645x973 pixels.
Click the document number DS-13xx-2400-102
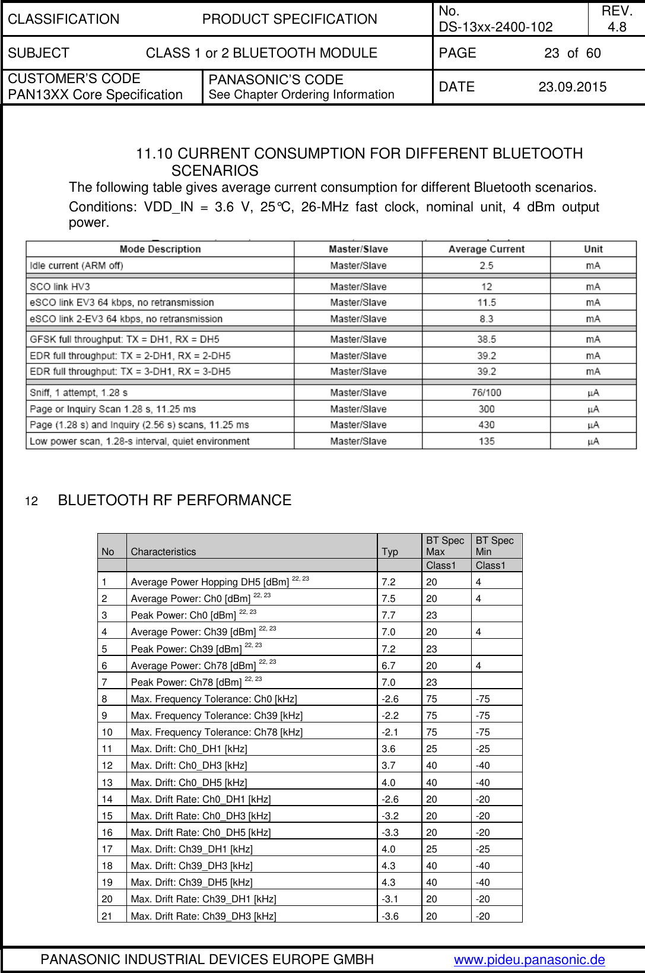tap(495, 27)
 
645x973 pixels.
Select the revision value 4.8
tap(617, 27)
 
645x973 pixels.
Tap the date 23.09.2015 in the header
tap(572, 87)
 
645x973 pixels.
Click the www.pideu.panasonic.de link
tap(529, 959)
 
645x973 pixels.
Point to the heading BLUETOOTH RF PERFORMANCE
tap(174, 500)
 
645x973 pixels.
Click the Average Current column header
tap(486, 249)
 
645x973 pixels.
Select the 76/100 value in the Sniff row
tap(486, 393)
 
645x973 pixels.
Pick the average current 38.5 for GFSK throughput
tap(486, 340)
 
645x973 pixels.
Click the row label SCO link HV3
tap(60, 287)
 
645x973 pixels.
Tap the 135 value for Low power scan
tap(486, 442)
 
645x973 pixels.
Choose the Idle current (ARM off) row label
tap(77, 266)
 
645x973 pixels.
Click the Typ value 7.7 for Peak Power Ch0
tap(388, 616)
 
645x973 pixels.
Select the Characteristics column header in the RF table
tap(163, 552)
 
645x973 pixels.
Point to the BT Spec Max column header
tap(445, 546)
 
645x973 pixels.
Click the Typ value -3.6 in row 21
tap(390, 916)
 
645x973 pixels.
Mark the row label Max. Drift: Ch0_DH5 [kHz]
tap(189, 782)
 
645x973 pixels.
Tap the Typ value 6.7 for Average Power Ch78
tap(388, 665)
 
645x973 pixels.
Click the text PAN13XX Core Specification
tap(95, 95)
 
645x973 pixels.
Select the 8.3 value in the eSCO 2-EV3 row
tap(486, 319)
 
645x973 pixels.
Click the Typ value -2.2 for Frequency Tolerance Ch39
tap(390, 715)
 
